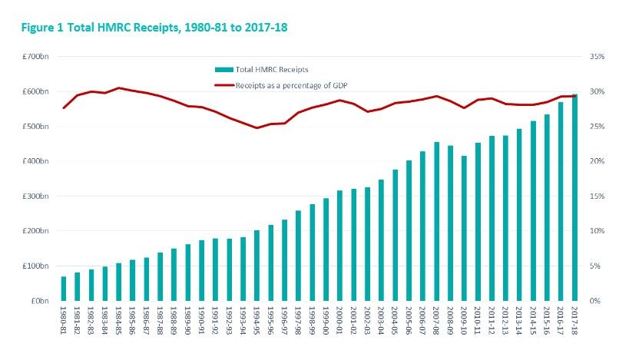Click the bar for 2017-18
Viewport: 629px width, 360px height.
coord(574,197)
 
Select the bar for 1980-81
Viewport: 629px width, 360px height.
coord(64,289)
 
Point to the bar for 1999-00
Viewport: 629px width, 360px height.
coord(326,249)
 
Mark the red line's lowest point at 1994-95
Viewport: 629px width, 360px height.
coord(257,127)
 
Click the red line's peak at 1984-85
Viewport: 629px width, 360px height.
coord(119,88)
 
